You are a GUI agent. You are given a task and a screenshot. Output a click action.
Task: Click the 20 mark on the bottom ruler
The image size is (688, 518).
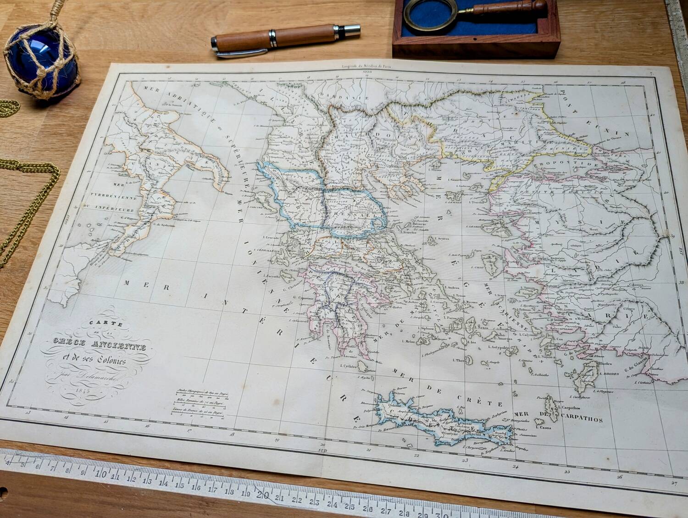262,495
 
